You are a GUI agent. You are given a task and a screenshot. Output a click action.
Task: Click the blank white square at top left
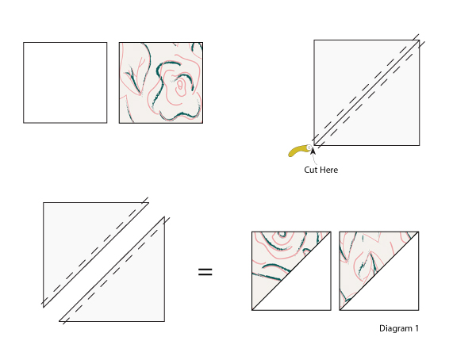click(65, 82)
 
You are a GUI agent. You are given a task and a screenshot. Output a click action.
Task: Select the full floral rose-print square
click(161, 82)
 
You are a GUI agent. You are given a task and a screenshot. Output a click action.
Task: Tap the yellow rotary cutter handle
click(297, 151)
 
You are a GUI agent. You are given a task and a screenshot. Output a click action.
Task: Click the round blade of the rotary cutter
click(309, 147)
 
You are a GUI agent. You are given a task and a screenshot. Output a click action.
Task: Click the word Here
click(328, 170)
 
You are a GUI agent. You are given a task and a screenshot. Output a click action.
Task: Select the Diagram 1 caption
click(399, 328)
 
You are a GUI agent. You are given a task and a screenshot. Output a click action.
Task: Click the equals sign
click(205, 272)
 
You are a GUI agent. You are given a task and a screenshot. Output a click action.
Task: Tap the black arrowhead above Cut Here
click(313, 151)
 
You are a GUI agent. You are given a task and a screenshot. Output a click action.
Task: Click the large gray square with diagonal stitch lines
click(367, 93)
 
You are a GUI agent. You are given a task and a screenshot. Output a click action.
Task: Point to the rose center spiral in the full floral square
click(180, 86)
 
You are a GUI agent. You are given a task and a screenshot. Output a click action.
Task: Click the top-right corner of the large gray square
click(420, 40)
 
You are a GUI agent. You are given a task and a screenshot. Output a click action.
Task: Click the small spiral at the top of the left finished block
click(282, 235)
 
